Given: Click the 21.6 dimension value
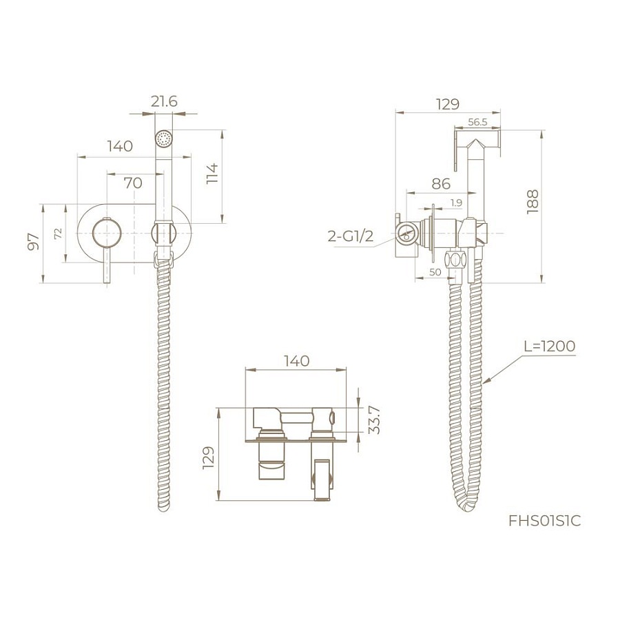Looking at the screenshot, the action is [x=164, y=102].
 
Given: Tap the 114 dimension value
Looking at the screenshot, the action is [x=212, y=173].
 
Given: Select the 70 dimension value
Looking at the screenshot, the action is [x=133, y=183].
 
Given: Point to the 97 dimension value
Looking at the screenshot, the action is [x=34, y=241].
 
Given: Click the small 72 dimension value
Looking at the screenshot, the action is [x=58, y=234].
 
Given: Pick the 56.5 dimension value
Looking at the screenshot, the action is [x=477, y=122].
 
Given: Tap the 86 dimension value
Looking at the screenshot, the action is [x=441, y=183].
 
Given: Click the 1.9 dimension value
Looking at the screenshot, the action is [x=456, y=203].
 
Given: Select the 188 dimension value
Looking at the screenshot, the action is [x=533, y=202].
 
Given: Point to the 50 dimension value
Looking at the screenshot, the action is [x=435, y=271].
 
